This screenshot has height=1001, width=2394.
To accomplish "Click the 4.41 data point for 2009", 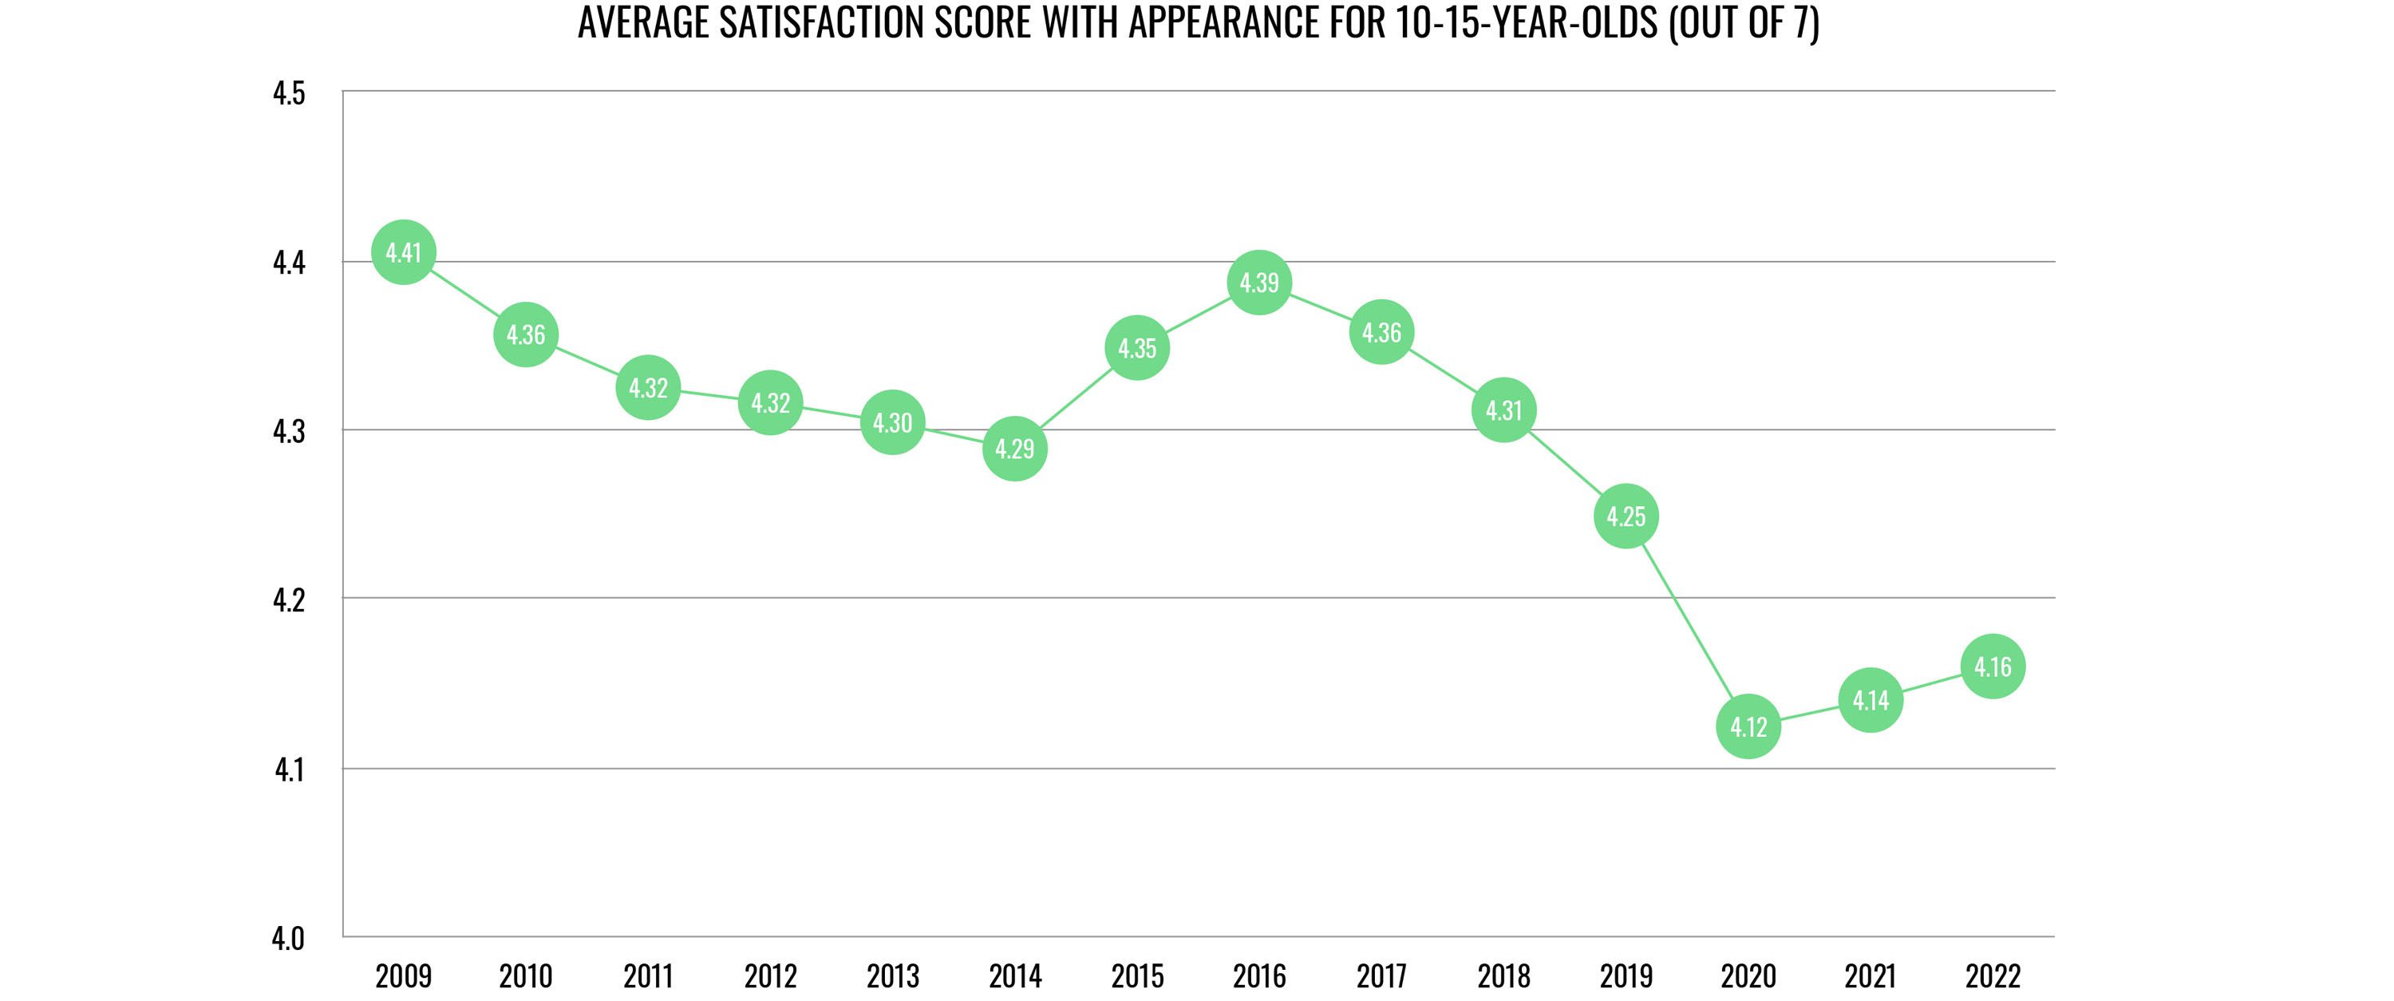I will (403, 252).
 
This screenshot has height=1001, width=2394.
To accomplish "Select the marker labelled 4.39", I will (1259, 282).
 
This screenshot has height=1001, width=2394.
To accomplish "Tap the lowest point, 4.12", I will (1748, 726).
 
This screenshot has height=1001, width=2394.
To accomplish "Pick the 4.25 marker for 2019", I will (1626, 516).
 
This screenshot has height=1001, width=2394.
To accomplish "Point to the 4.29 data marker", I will (1014, 449).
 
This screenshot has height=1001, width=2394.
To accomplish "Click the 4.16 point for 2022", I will (1993, 667).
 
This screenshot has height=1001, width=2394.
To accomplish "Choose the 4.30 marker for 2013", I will (892, 423).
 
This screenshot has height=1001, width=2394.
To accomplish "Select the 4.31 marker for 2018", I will (1503, 409).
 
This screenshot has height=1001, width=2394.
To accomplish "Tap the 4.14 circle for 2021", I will (1870, 700).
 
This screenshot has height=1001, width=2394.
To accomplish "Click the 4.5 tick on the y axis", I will (289, 94).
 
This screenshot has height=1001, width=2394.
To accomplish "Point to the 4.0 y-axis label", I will (288, 939).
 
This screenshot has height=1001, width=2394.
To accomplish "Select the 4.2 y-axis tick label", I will (289, 600).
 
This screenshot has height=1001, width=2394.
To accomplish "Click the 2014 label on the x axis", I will (1015, 976).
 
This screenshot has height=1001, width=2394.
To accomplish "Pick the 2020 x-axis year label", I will (1748, 976).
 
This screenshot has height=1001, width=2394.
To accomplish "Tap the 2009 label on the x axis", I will (403, 976).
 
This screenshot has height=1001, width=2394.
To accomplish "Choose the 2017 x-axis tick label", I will (1382, 976).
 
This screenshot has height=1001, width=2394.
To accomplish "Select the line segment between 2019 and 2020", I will (1687, 621).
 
